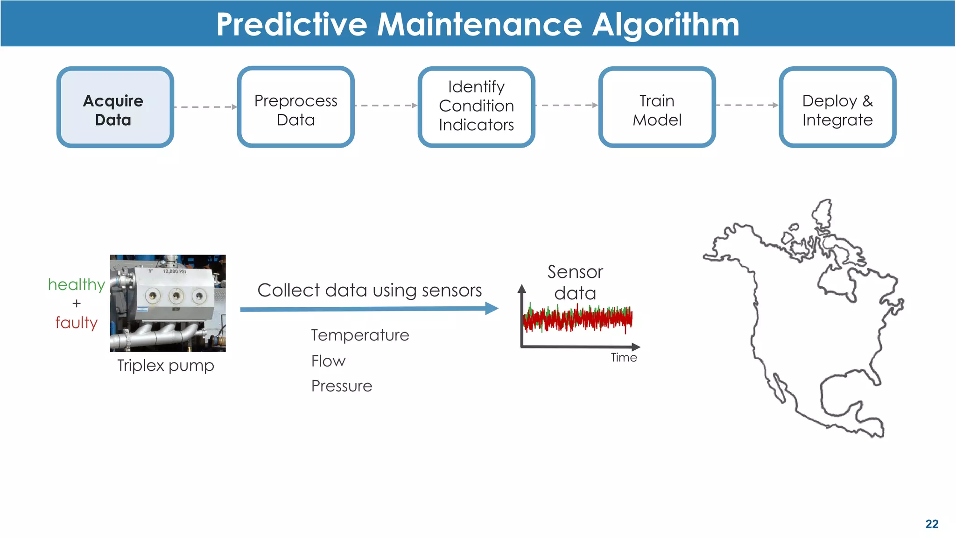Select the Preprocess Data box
(x=295, y=107)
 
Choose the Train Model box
(x=657, y=107)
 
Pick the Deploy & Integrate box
(x=837, y=107)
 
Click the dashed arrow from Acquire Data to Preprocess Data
(x=205, y=107)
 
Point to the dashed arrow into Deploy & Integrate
(x=747, y=106)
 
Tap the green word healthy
(x=77, y=284)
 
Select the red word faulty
(x=77, y=323)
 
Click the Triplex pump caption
(x=166, y=365)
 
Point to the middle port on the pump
(x=176, y=295)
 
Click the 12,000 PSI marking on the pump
(x=174, y=271)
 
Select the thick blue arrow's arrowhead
(x=492, y=308)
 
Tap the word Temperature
(x=360, y=335)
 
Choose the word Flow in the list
(x=328, y=361)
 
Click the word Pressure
(x=342, y=386)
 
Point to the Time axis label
(x=624, y=358)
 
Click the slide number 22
(x=932, y=524)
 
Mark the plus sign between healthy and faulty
(x=77, y=304)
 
